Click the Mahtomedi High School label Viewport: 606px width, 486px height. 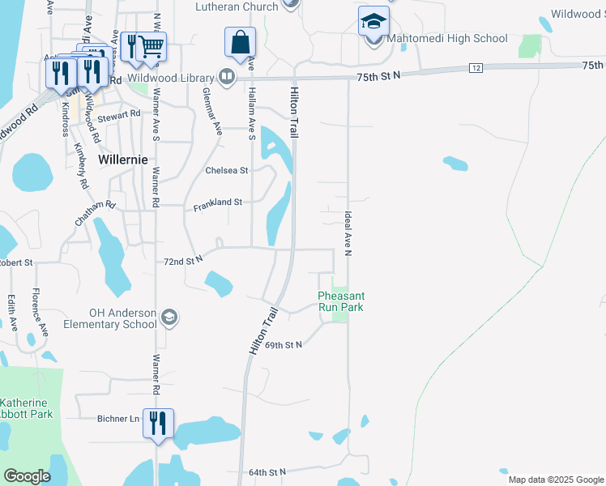[447, 38]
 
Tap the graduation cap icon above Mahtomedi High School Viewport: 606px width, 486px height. [374, 21]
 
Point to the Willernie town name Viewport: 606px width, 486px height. [123, 160]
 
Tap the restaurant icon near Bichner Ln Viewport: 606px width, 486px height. [158, 424]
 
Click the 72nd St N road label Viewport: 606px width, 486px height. [181, 262]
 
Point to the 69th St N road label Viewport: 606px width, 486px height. [283, 345]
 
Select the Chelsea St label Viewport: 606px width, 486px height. [227, 170]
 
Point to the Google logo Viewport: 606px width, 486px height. [28, 476]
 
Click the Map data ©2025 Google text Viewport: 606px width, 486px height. [556, 480]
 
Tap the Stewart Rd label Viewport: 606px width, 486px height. [120, 117]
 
